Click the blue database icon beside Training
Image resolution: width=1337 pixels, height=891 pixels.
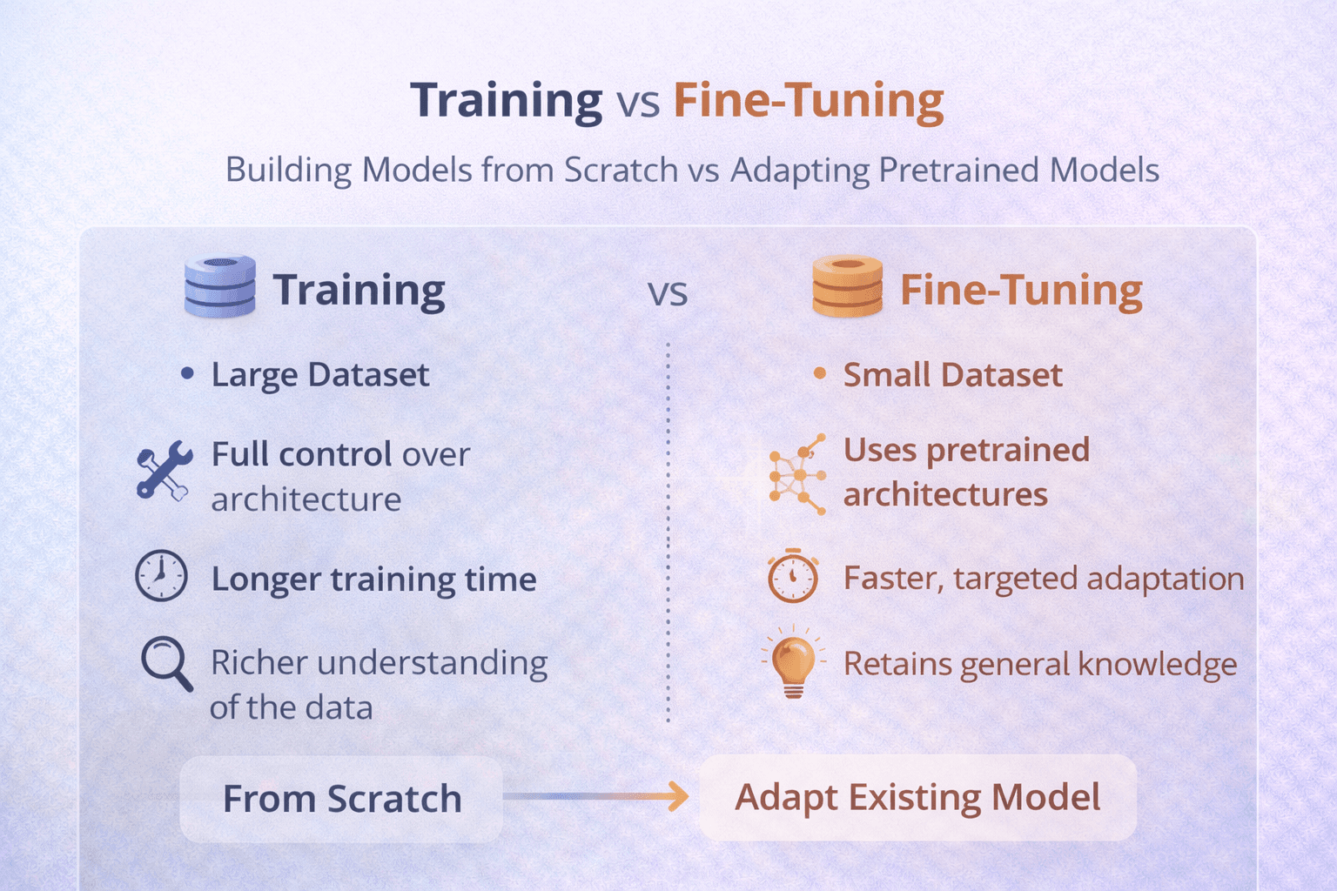coord(220,287)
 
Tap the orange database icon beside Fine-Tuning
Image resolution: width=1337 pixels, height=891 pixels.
coord(847,287)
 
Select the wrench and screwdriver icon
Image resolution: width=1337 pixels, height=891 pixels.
coord(165,471)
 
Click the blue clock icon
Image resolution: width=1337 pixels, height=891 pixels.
coord(162,576)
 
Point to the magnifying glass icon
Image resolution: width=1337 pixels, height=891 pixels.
coord(166,664)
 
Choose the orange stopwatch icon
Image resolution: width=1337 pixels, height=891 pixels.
coord(793,576)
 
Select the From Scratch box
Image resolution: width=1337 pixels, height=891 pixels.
coord(341,799)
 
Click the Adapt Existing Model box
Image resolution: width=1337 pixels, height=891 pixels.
coord(917,797)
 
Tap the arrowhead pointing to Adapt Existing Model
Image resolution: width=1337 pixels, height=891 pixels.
coord(677,795)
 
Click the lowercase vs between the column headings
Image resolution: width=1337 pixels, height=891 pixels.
coord(668,293)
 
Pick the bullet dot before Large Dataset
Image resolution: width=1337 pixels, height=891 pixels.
coord(187,374)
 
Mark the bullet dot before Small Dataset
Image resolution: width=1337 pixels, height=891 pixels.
coord(819,374)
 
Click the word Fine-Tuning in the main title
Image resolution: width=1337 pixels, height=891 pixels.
coord(809,100)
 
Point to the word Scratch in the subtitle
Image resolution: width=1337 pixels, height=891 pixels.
coord(621,170)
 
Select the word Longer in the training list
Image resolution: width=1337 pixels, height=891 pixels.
coord(265,579)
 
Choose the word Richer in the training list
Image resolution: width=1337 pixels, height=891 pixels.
coord(259,663)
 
